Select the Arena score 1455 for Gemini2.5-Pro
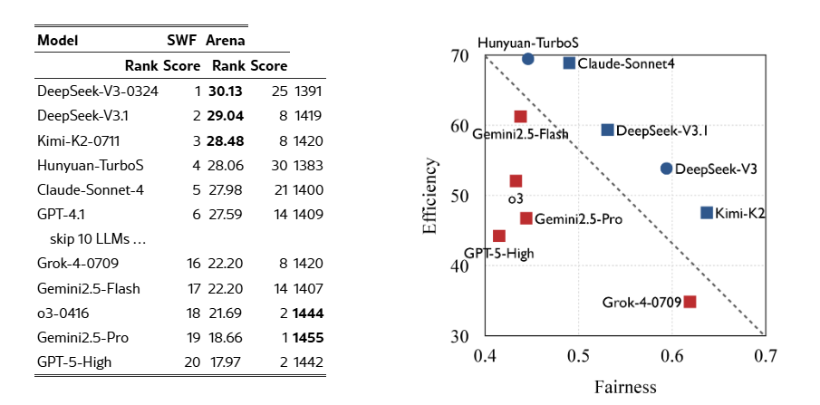pyautogui.click(x=308, y=338)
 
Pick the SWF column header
pyautogui.click(x=182, y=41)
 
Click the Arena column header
pyautogui.click(x=225, y=41)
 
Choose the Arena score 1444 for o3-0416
pyautogui.click(x=308, y=313)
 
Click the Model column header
pyautogui.click(x=58, y=41)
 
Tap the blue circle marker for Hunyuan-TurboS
pyautogui.click(x=528, y=59)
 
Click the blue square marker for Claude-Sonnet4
pyautogui.click(x=569, y=63)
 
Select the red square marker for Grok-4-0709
pyautogui.click(x=690, y=302)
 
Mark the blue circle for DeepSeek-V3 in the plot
pyautogui.click(x=667, y=169)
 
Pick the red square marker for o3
pyautogui.click(x=516, y=181)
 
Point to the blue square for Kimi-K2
pyautogui.click(x=706, y=213)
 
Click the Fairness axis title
pyautogui.click(x=625, y=389)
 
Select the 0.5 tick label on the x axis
pyautogui.click(x=578, y=355)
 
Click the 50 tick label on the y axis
pyautogui.click(x=459, y=197)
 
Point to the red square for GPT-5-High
pyautogui.click(x=498, y=236)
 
